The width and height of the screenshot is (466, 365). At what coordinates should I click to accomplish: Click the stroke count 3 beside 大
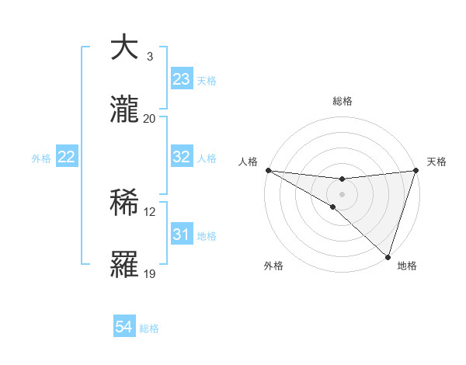pos(150,57)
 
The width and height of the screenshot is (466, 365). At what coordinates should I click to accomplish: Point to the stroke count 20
pos(150,118)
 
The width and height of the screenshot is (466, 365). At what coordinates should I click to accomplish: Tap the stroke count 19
pos(150,274)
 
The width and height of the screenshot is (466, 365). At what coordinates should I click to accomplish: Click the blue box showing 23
pos(181,79)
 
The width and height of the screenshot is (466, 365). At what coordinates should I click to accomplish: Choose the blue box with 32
pos(181,157)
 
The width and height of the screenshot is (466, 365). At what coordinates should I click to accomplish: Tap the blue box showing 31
pos(181,235)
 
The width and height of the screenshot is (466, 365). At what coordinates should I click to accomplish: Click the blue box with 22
pos(67,157)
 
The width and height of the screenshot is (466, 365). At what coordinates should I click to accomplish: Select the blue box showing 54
pos(124,328)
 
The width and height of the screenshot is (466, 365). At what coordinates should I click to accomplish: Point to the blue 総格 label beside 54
pos(149,328)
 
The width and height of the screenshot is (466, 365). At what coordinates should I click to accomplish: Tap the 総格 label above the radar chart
pos(343,101)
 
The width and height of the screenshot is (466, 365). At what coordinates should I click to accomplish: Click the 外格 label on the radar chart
pos(273,266)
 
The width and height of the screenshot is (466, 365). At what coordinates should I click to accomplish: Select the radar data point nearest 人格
pos(268,169)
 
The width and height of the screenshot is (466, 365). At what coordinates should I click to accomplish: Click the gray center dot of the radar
pos(342,193)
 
